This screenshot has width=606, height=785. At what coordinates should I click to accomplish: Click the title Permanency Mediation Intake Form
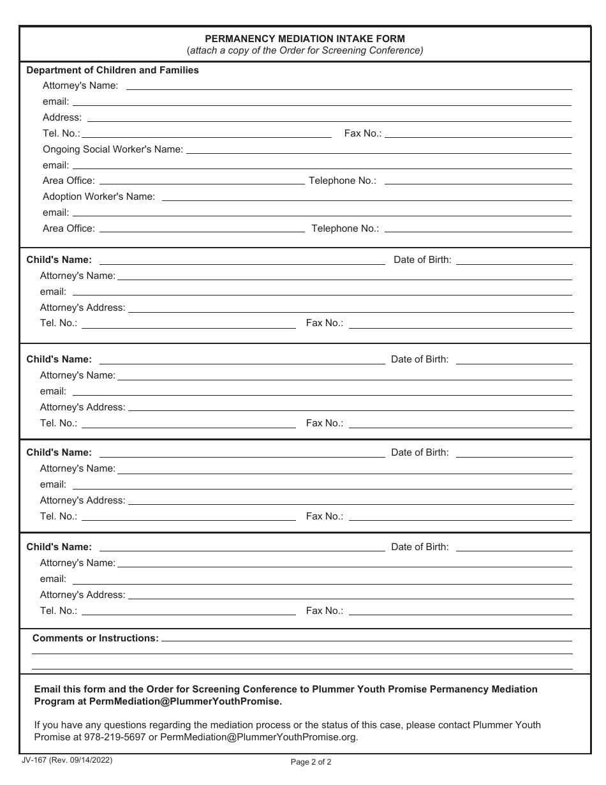point(305,38)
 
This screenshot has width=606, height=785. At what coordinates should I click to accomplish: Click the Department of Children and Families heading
point(112,70)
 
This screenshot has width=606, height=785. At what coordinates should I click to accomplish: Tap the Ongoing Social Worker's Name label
point(112,149)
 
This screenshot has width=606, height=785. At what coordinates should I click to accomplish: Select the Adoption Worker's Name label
point(98,197)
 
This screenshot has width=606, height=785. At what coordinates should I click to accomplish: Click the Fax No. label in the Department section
point(362,133)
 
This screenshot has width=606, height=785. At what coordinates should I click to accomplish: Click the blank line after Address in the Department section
point(329,119)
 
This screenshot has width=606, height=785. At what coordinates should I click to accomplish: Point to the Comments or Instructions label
point(95,638)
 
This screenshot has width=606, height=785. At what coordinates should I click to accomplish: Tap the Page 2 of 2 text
point(311,761)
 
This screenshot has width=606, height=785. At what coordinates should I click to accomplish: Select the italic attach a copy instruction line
point(305,50)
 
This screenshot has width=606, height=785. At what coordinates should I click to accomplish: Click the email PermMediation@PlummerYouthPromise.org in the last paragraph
point(258,737)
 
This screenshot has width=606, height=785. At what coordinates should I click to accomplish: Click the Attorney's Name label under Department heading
point(80,86)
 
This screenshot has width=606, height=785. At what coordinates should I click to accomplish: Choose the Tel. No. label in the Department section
point(61,133)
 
